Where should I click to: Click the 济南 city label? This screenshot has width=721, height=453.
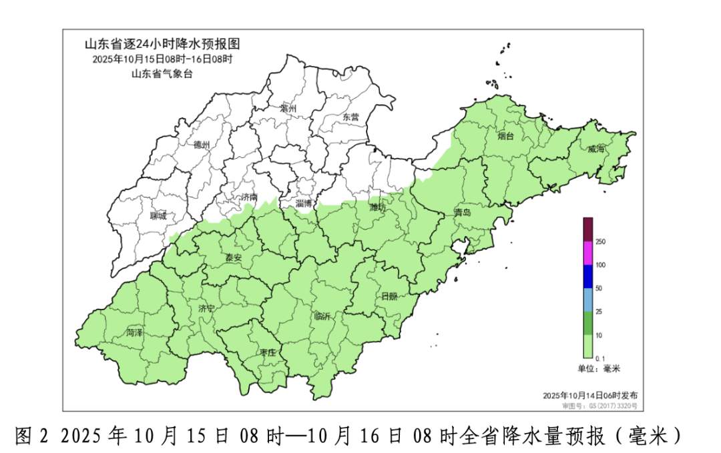(248, 197)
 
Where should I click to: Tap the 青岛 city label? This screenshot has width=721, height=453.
(462, 212)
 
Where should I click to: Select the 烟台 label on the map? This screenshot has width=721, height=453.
(507, 136)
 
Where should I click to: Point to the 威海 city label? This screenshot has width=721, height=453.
(596, 149)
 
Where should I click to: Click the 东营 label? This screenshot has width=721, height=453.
(350, 117)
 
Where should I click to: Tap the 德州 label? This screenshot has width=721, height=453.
(202, 145)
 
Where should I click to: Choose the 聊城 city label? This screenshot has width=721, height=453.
(159, 215)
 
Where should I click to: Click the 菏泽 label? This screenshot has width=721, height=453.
(134, 332)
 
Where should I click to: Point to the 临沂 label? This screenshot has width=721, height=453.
(322, 316)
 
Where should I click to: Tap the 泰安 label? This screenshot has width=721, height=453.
(234, 258)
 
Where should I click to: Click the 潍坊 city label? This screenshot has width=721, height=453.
(378, 207)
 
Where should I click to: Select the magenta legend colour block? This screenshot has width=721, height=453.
(588, 253)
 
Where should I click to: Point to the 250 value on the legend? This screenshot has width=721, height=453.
(600, 242)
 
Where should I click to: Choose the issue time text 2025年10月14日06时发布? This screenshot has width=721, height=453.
(590, 395)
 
